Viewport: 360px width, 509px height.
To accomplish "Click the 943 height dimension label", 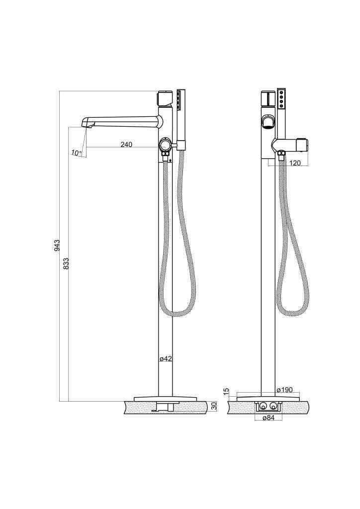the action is [57, 246].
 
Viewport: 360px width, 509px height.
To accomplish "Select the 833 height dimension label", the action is [66, 264].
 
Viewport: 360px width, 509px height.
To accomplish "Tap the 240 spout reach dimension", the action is [126, 144].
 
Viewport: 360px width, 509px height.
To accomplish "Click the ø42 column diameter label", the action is [166, 359].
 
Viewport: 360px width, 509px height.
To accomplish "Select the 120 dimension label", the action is [295, 163].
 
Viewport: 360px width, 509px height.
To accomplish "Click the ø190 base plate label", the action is [285, 390].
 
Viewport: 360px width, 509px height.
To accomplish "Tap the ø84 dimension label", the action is [269, 418].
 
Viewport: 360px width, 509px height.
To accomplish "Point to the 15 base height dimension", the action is [227, 391].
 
